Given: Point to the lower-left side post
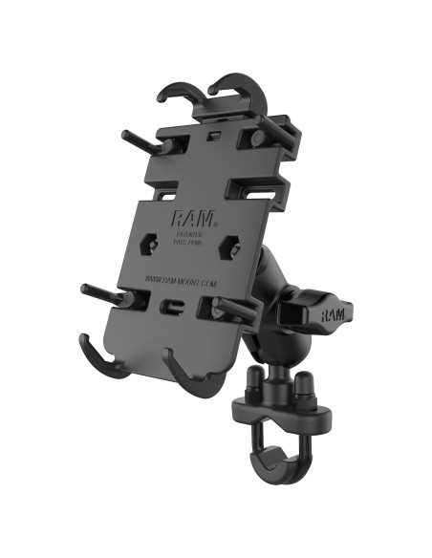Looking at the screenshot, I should click(105, 292).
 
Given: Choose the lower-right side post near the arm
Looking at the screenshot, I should click(234, 307).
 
